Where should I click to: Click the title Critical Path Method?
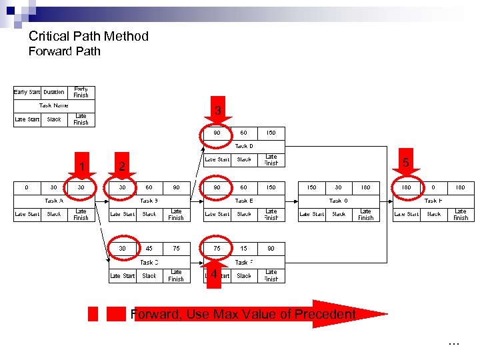pos(88,36)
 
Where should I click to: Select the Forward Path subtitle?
pos(64,51)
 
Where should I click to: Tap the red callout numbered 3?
pos(217,110)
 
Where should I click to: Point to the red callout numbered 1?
pos(81,167)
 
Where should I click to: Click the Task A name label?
pos(54,200)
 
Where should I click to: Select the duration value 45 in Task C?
pos(149,249)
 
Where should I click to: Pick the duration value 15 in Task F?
pos(244,249)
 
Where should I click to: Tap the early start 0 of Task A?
pos(27,187)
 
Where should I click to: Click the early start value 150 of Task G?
pos(311,187)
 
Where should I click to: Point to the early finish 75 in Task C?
pos(176,249)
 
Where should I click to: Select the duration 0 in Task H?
pos(433,187)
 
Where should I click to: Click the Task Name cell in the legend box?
pos(54,105)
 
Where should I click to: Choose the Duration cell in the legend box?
pos(54,92)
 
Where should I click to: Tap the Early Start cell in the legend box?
pos(27,92)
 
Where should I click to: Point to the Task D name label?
pos(244,146)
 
